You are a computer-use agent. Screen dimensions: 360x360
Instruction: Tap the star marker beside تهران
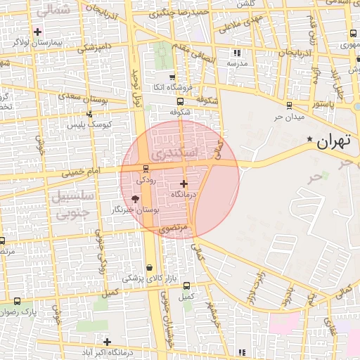tap(310, 141)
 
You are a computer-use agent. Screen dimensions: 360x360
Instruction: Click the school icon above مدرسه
tap(238, 53)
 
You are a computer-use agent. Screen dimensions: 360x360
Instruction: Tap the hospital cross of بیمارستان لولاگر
tap(37, 32)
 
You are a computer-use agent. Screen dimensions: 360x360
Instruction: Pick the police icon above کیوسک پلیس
tap(89, 114)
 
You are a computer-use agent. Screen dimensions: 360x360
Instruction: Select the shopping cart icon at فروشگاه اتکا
tap(173, 77)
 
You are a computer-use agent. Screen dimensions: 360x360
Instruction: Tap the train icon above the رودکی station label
tap(146, 168)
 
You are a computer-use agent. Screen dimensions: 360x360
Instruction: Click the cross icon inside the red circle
tap(184, 183)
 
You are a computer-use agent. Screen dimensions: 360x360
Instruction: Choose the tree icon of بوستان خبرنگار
tap(135, 199)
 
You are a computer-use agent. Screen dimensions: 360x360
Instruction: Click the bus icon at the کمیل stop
tap(186, 285)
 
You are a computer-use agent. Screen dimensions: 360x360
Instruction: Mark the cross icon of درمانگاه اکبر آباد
tap(107, 342)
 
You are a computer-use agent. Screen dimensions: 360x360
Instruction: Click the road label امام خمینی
tap(81, 171)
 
